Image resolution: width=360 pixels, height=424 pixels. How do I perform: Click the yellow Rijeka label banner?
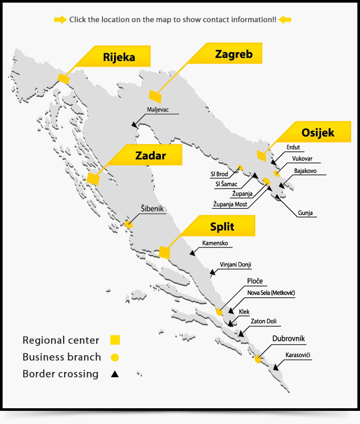119,56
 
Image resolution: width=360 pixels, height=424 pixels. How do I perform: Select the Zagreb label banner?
234,54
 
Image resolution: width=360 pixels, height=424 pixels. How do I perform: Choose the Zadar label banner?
150,156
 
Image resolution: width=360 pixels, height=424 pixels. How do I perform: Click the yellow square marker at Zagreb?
155,96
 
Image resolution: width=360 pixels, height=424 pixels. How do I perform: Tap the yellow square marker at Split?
164,253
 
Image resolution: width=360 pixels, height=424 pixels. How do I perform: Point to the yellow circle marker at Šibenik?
128,224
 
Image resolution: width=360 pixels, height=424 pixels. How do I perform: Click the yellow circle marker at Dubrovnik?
258,359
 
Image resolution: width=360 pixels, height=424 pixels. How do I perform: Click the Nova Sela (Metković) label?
270,293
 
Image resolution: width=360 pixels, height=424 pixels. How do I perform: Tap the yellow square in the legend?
116,340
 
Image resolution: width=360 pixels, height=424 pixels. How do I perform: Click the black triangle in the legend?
114,374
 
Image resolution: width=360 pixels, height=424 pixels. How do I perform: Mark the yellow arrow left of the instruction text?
60,20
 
